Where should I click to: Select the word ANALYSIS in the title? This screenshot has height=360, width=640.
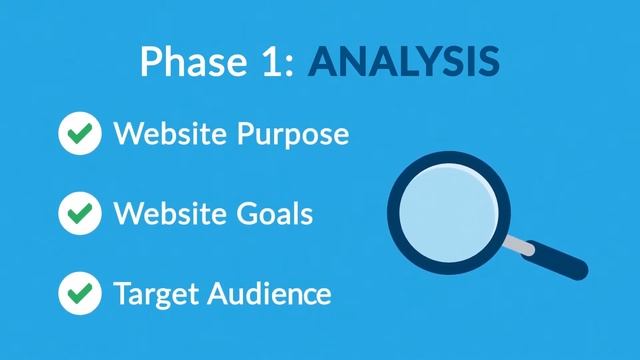pyautogui.click(x=404, y=62)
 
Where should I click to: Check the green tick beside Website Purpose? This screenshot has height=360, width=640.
pyautogui.click(x=80, y=134)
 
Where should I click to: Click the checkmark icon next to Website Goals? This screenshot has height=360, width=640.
pyautogui.click(x=80, y=213)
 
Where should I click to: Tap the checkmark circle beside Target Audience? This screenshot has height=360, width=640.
pyautogui.click(x=80, y=293)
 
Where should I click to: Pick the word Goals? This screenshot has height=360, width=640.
pyautogui.click(x=280, y=213)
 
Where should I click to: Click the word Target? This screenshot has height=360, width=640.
pyautogui.click(x=155, y=294)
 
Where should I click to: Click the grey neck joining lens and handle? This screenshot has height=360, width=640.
pyautogui.click(x=518, y=243)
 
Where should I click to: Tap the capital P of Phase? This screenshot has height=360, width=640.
pyautogui.click(x=151, y=62)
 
